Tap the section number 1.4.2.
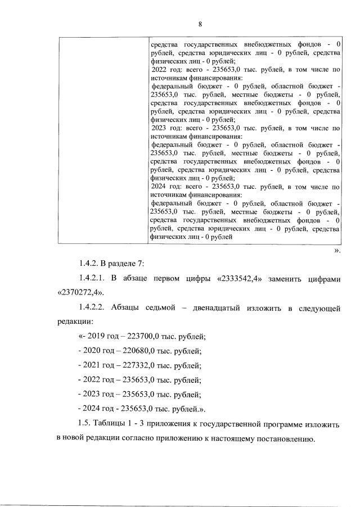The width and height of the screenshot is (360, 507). tap(91, 264)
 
